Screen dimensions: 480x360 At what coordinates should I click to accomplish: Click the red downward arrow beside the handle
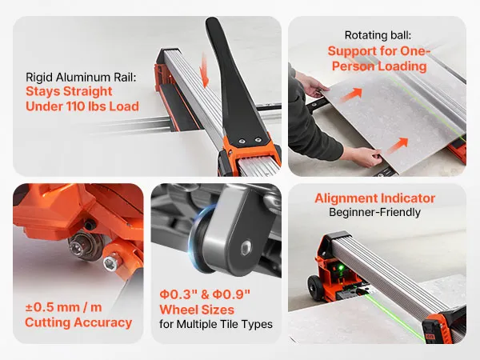(x=203, y=70)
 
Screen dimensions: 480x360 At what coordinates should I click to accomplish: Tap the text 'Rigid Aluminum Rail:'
(x=81, y=77)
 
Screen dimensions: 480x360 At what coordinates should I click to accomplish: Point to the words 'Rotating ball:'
(x=378, y=35)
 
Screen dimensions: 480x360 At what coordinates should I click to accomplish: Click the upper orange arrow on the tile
(x=351, y=94)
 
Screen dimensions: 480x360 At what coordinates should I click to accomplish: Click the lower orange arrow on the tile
(x=397, y=146)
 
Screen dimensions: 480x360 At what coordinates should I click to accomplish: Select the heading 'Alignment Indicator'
(x=374, y=198)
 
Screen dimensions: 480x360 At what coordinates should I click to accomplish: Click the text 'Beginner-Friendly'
(x=374, y=212)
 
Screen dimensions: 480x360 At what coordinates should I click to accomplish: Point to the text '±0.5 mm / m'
(x=63, y=307)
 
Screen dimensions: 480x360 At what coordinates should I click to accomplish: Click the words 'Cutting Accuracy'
(x=78, y=322)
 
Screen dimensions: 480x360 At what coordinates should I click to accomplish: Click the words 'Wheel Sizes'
(x=197, y=310)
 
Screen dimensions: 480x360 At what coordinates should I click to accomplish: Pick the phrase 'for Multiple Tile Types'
(x=216, y=324)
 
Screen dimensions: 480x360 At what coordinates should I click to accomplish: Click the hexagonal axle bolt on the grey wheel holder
(x=246, y=248)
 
